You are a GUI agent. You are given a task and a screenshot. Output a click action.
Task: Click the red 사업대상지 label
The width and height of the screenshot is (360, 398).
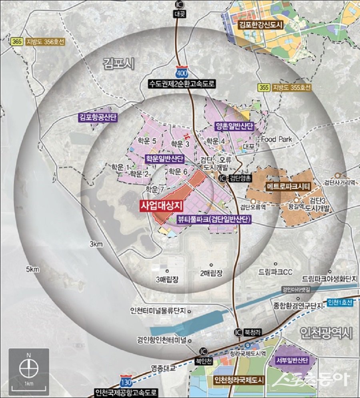(161, 205)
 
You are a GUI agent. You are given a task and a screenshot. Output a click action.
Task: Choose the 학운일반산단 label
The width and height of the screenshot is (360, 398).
(164, 159)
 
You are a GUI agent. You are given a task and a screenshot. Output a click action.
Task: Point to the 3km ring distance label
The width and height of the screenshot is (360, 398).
(97, 244)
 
